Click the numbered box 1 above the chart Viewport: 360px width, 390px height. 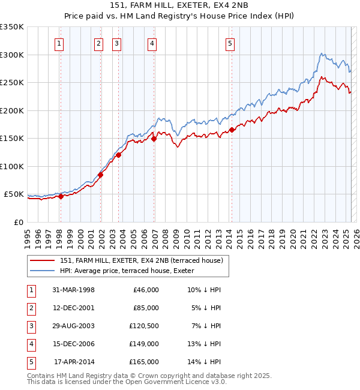click(60, 43)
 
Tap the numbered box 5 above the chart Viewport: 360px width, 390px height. click(230, 43)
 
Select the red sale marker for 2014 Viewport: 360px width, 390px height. click(232, 130)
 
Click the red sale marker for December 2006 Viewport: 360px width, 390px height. click(154, 139)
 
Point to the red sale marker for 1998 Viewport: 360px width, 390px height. click(61, 196)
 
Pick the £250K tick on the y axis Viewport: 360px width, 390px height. click(12, 83)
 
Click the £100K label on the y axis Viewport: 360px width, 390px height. click(12, 166)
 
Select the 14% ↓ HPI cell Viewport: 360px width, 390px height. click(204, 362)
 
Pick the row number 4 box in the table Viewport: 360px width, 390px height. click(30, 344)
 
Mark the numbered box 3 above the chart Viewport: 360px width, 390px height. click(116, 43)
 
